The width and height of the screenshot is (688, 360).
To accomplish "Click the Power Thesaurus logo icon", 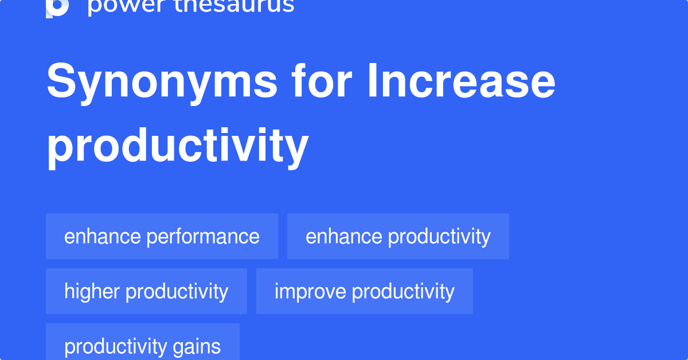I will pyautogui.click(x=57, y=7).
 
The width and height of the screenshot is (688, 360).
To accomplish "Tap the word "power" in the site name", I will pyautogui.click(x=118, y=6).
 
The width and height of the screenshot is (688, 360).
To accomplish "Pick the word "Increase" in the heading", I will pyautogui.click(x=461, y=82).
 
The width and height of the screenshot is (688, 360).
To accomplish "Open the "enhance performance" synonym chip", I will pyautogui.click(x=162, y=236).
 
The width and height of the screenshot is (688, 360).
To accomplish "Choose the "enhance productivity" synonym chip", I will pyautogui.click(x=398, y=236).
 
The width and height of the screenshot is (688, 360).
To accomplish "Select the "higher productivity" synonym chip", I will pyautogui.click(x=146, y=291).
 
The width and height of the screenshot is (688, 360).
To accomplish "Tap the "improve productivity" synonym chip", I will pyautogui.click(x=365, y=291).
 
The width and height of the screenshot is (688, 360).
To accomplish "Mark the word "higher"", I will pyautogui.click(x=92, y=291).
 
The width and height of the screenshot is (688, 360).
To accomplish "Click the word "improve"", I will pyautogui.click(x=310, y=291).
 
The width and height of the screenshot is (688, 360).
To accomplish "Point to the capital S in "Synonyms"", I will pyautogui.click(x=61, y=82).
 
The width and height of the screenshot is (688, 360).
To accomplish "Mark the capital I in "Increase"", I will pyautogui.click(x=373, y=82).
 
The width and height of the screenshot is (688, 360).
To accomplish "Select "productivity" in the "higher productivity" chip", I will pyautogui.click(x=177, y=291).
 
